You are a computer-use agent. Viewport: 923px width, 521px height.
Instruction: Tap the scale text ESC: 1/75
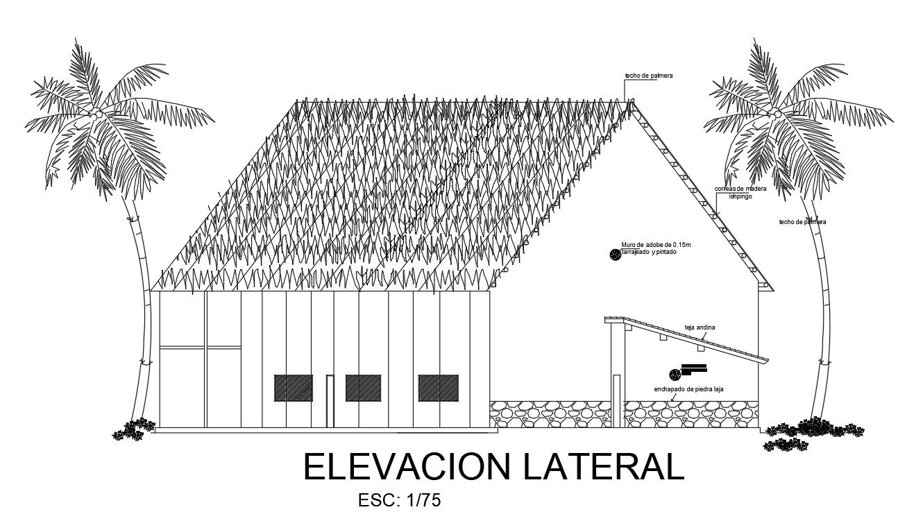pyautogui.click(x=399, y=500)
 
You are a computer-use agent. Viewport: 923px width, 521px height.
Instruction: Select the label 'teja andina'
pyautogui.click(x=700, y=327)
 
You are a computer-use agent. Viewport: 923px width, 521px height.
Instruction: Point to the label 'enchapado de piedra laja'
pyautogui.click(x=688, y=389)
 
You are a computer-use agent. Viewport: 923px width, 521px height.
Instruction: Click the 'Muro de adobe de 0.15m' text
pyautogui.click(x=657, y=245)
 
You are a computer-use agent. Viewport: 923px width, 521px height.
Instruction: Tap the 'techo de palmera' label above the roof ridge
pyautogui.click(x=648, y=76)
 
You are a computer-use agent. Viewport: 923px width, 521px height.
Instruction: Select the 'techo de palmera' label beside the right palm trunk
pyautogui.click(x=802, y=222)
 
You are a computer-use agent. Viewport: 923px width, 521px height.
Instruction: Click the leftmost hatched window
pyautogui.click(x=293, y=388)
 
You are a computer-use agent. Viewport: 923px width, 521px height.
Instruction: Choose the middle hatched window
pyautogui.click(x=363, y=388)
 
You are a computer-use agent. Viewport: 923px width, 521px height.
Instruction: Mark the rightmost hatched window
pyautogui.click(x=438, y=388)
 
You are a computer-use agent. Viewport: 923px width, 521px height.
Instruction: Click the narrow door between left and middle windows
pyautogui.click(x=330, y=401)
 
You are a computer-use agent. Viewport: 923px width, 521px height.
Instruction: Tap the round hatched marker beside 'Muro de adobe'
pyautogui.click(x=615, y=255)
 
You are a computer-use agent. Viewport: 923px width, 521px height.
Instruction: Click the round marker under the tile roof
pyautogui.click(x=674, y=375)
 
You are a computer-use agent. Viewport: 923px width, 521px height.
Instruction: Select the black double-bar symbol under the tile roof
pyautogui.click(x=693, y=368)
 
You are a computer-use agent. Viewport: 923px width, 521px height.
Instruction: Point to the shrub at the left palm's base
pyautogui.click(x=134, y=429)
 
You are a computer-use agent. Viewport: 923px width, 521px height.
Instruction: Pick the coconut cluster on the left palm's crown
pyautogui.click(x=98, y=113)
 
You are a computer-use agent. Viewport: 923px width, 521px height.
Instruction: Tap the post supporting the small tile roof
pyautogui.click(x=615, y=375)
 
